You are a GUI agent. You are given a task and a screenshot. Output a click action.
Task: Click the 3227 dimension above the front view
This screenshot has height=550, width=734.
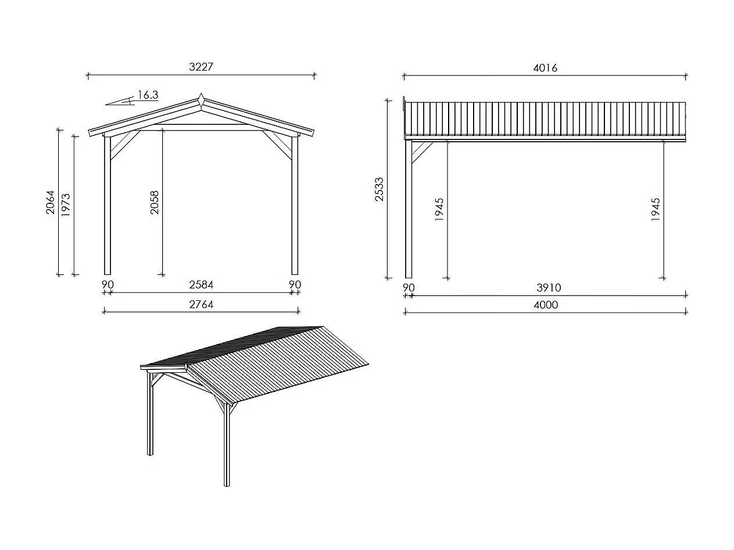click(x=201, y=67)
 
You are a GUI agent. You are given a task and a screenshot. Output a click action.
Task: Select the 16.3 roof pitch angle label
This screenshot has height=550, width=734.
click(x=148, y=95)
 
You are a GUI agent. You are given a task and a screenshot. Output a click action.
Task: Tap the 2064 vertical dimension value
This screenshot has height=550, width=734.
click(x=51, y=202)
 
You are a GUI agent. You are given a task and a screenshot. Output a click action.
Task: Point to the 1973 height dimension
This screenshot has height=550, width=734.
click(x=66, y=205)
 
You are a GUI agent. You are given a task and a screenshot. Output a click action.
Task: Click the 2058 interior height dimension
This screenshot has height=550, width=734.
click(x=155, y=203)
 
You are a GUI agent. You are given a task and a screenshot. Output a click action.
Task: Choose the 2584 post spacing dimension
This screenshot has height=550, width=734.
click(x=201, y=285)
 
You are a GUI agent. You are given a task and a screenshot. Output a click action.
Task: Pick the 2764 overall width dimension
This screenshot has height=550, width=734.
click(x=201, y=304)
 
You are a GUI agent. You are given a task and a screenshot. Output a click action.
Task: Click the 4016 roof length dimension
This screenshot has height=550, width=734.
click(x=545, y=68)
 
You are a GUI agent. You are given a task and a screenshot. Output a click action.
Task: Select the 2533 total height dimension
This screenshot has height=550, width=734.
click(x=379, y=189)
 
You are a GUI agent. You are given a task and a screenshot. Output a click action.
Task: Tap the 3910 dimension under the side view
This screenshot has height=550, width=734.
click(x=549, y=287)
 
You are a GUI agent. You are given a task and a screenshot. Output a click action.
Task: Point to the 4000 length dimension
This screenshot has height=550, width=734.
click(x=545, y=305)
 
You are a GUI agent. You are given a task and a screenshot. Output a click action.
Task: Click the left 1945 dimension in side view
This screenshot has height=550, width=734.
click(x=439, y=209)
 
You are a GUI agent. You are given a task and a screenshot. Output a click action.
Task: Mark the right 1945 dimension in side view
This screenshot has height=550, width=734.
click(x=656, y=209)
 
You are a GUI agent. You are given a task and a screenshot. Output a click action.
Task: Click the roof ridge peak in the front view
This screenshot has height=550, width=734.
click(x=200, y=99)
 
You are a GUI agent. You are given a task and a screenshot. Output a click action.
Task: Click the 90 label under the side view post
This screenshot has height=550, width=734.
click(x=409, y=287)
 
